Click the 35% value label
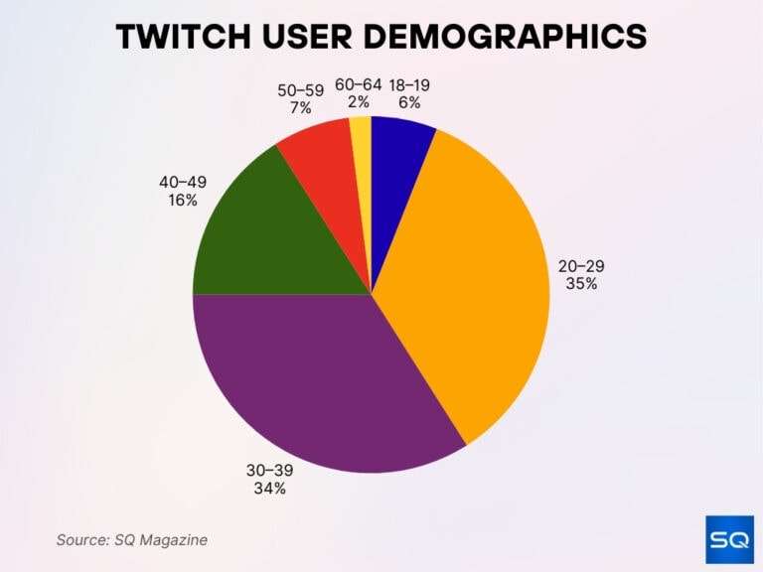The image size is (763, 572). point(581,284)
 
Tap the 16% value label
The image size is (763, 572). point(183,200)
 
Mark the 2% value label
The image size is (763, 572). point(358,102)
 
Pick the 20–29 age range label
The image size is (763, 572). point(581,266)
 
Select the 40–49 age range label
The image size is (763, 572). point(183,182)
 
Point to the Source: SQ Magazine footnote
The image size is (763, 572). point(131,539)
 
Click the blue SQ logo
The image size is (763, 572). point(729,540)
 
